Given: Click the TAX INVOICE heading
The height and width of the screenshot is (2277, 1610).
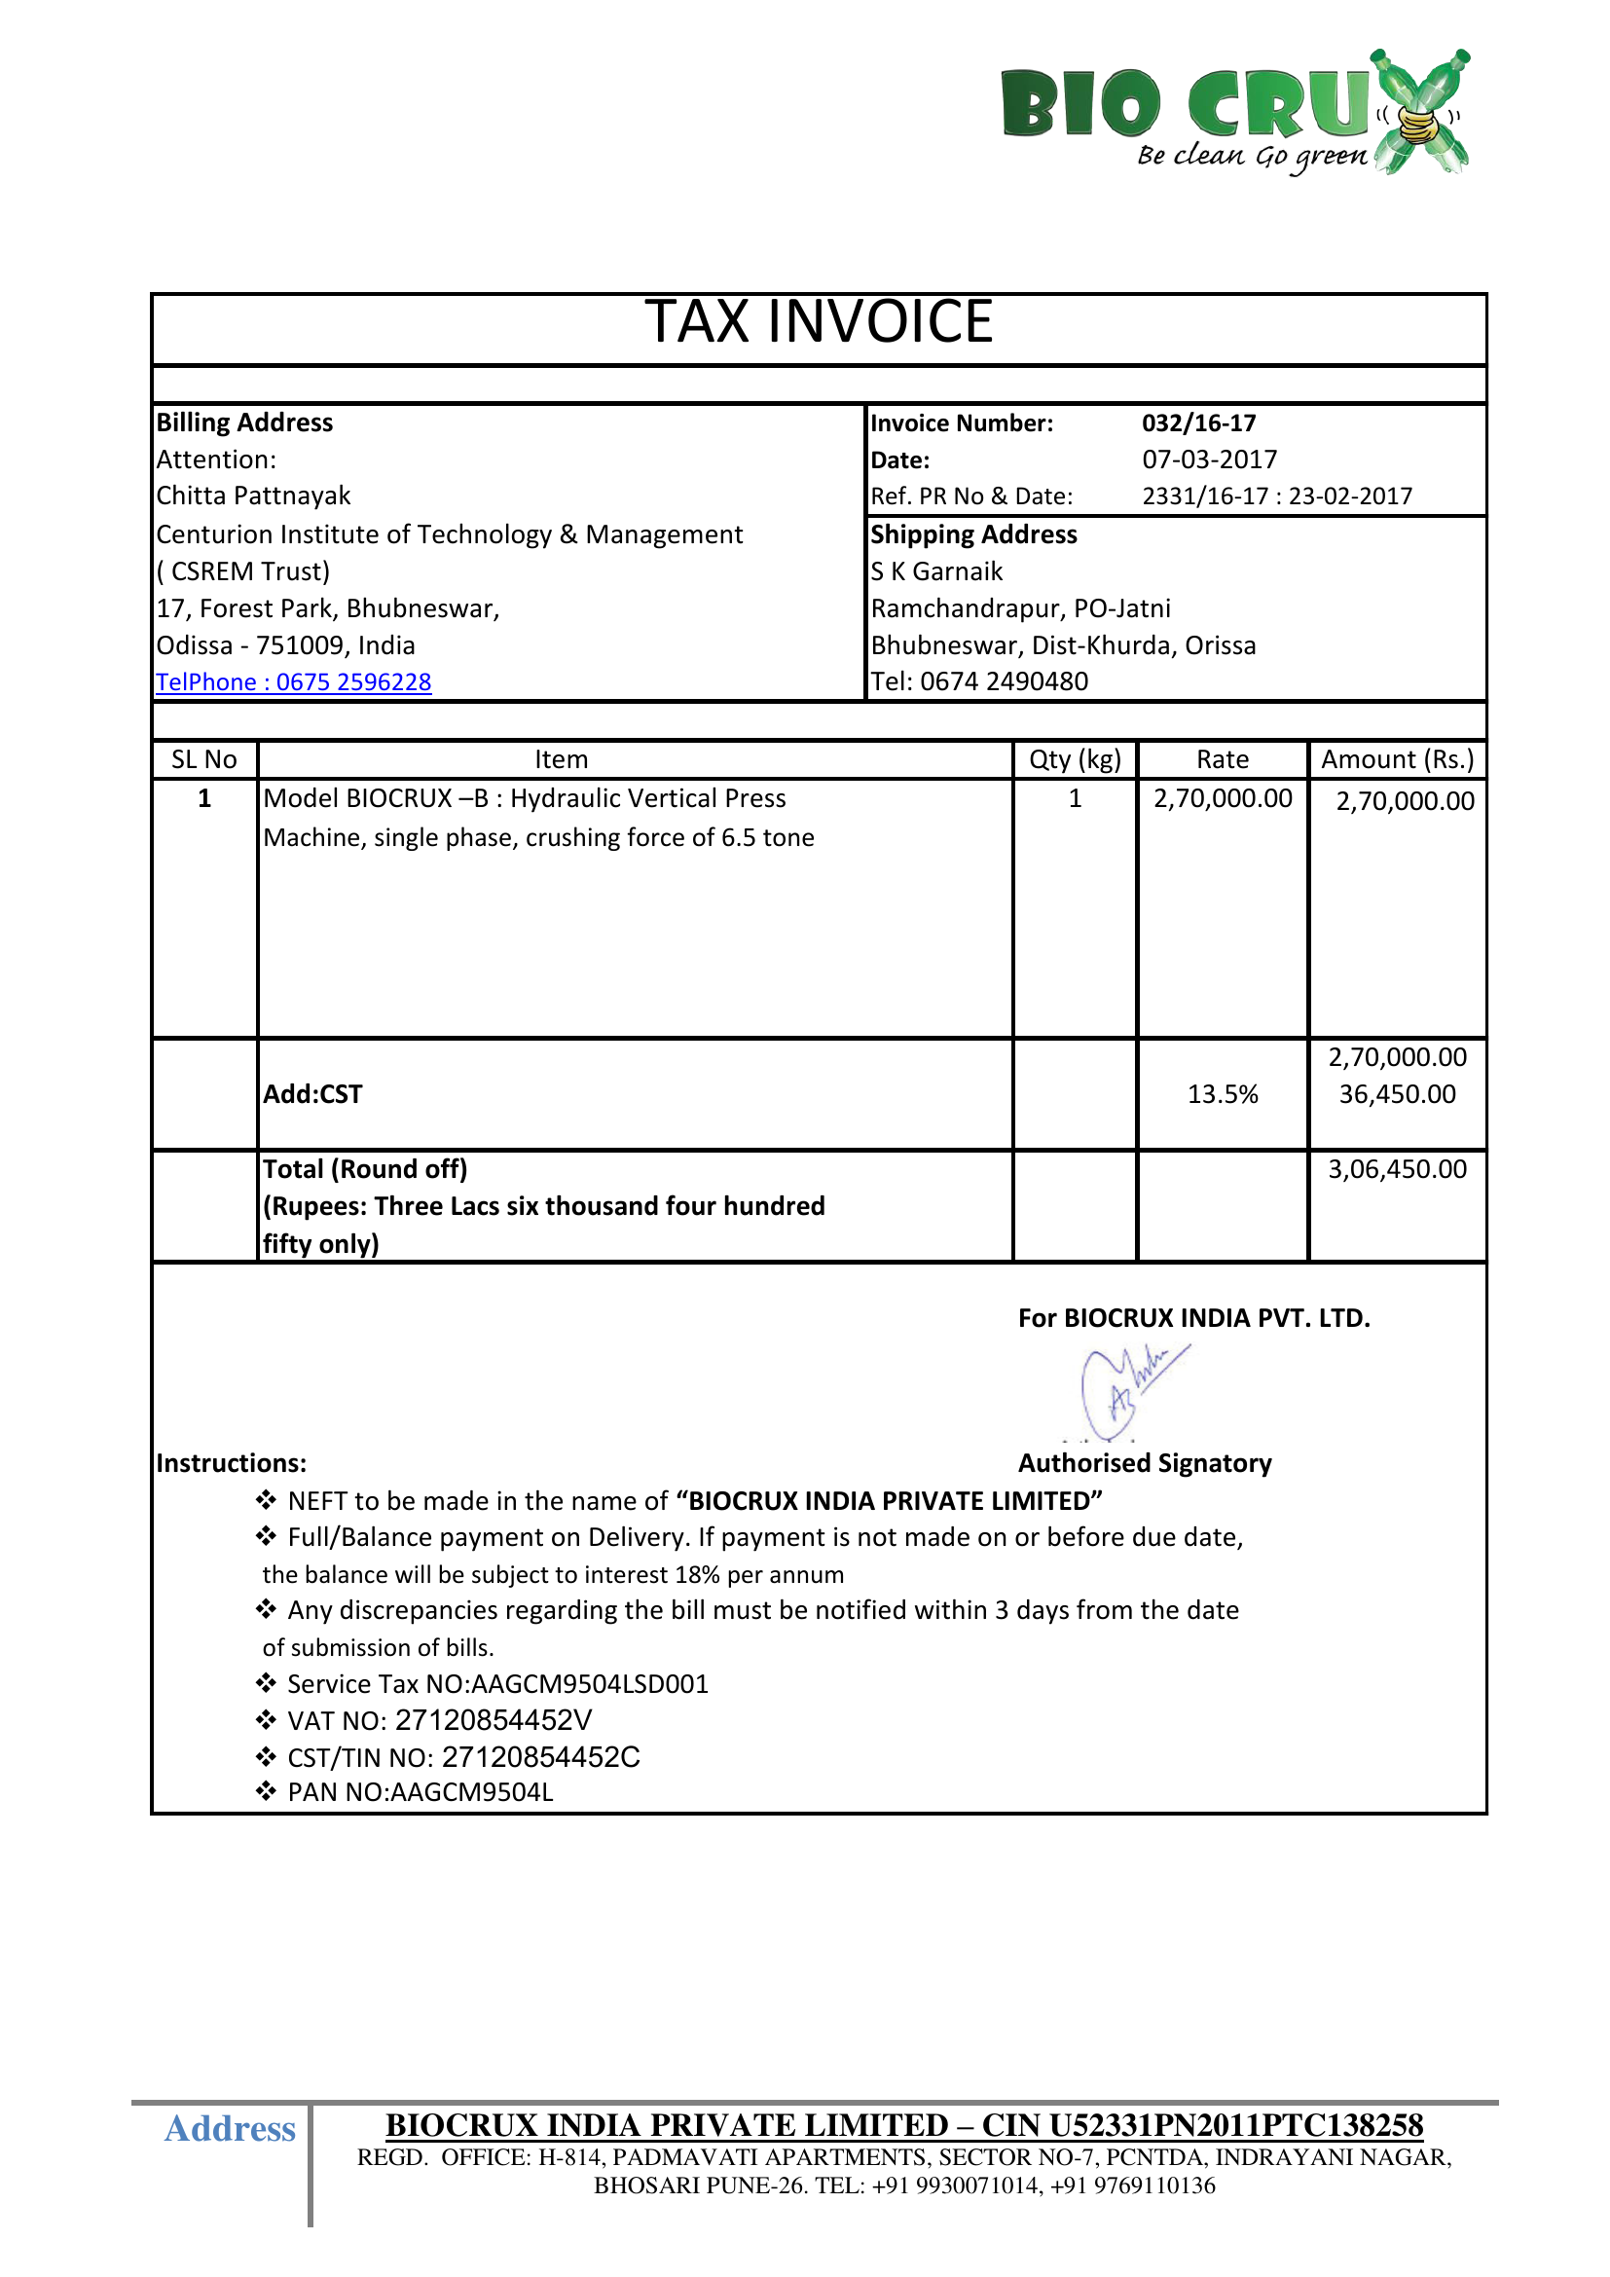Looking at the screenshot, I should pyautogui.click(x=819, y=322).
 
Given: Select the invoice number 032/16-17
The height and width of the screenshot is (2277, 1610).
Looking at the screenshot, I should pyautogui.click(x=1198, y=423).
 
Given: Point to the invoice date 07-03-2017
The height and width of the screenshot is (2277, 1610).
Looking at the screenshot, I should pyautogui.click(x=1210, y=460).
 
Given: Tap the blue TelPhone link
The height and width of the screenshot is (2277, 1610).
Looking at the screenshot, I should pyautogui.click(x=293, y=682).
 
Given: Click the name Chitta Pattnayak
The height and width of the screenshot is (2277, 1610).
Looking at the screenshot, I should pyautogui.click(x=254, y=496).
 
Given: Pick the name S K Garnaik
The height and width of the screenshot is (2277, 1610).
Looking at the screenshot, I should pyautogui.click(x=936, y=572).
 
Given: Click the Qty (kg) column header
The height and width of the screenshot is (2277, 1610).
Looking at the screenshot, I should pyautogui.click(x=1075, y=759).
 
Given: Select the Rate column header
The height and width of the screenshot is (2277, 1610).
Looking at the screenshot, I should pyautogui.click(x=1223, y=759).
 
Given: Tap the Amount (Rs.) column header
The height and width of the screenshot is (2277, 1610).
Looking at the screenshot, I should pyautogui.click(x=1397, y=759).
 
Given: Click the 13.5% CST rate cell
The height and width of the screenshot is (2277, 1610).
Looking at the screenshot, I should pyautogui.click(x=1223, y=1095).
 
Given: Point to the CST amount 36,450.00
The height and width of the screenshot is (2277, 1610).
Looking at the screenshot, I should pyautogui.click(x=1397, y=1095).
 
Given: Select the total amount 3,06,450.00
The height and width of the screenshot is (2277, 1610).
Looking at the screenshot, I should pyautogui.click(x=1397, y=1170).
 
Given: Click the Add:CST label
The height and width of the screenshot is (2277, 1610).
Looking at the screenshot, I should pyautogui.click(x=312, y=1095).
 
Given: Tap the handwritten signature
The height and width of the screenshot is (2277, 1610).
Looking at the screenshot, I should pyautogui.click(x=1130, y=1388).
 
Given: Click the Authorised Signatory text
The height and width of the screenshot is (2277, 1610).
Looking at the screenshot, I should pyautogui.click(x=1144, y=1464).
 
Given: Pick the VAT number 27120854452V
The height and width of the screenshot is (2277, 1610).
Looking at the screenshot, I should pyautogui.click(x=493, y=1720).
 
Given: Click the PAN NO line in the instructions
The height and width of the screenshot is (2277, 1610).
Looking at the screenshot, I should pyautogui.click(x=420, y=1793).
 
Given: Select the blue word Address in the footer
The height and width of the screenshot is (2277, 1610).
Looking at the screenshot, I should pyautogui.click(x=230, y=2129).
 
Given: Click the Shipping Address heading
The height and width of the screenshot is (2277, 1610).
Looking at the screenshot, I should pyautogui.click(x=973, y=535).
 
